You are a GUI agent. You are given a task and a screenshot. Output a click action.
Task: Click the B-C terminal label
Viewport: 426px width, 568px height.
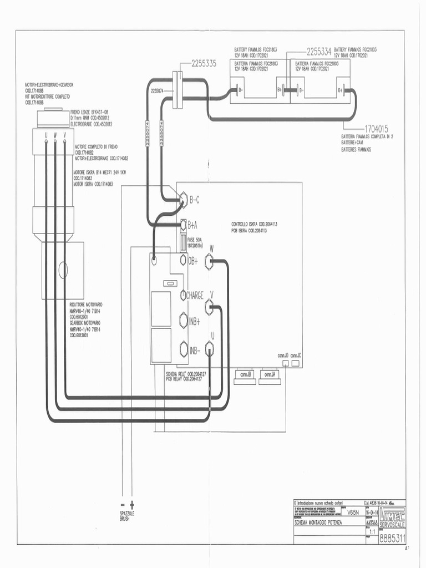[195, 200]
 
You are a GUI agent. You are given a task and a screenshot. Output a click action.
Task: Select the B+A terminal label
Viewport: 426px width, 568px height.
[192, 225]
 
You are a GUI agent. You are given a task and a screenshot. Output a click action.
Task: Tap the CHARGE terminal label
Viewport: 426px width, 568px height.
[195, 295]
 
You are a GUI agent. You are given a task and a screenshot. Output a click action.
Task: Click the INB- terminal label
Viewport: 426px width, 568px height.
[195, 350]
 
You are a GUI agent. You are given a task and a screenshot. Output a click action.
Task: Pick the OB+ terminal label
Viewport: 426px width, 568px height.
[192, 261]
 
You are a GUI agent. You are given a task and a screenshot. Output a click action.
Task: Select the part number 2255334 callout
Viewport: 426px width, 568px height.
[318, 52]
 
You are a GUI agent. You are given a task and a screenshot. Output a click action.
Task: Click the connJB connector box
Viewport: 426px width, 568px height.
[246, 374]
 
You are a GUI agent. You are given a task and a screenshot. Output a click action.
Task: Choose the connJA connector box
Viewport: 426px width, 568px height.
[270, 374]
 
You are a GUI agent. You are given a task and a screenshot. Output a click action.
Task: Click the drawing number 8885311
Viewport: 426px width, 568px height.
[392, 538]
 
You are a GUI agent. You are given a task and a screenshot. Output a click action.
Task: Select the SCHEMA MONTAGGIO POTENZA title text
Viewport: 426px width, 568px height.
[318, 523]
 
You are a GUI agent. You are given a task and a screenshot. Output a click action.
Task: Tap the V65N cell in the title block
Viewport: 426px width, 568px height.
[353, 513]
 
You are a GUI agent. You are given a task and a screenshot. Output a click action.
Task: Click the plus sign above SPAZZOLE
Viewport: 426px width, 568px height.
[132, 504]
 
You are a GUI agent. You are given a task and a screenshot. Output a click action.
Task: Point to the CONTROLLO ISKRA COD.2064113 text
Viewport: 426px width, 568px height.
[254, 224]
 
